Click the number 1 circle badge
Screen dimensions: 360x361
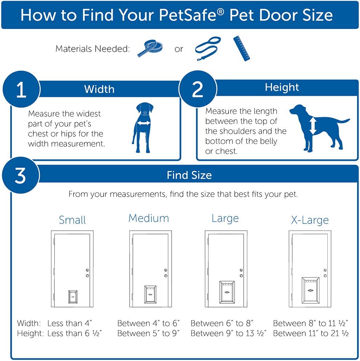[21, 89]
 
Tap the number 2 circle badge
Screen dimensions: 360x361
[198, 89]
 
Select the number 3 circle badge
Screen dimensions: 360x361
[21, 175]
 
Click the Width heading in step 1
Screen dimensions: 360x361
[99, 89]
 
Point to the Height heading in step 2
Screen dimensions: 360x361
[282, 88]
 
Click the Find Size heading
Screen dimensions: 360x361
[189, 175]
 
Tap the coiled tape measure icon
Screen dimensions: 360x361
[150, 48]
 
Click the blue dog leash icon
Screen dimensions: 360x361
[208, 48]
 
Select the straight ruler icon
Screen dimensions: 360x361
[242, 48]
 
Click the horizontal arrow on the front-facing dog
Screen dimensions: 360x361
[144, 123]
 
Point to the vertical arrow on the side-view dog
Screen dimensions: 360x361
[313, 126]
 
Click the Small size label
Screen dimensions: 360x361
[72, 220]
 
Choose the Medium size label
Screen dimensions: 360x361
[148, 218]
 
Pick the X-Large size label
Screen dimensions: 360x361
[310, 220]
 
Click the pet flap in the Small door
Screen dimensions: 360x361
[73, 297]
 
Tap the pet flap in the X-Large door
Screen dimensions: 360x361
[311, 290]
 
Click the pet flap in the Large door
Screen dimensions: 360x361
[227, 292]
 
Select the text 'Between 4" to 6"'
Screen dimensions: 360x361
[148, 323]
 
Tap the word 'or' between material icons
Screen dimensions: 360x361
[179, 49]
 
